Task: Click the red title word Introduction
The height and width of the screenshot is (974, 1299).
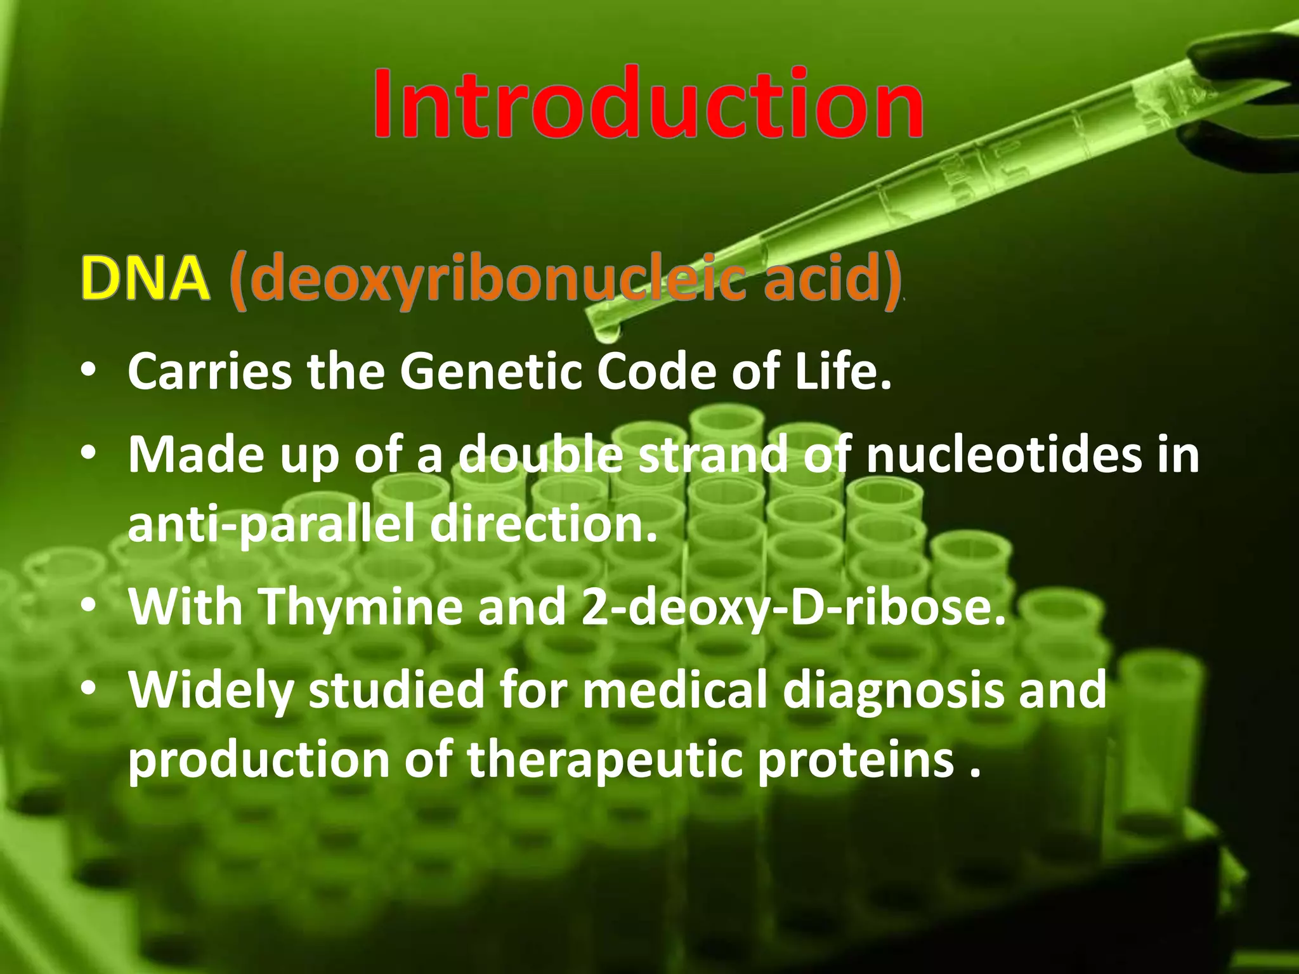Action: coord(647,105)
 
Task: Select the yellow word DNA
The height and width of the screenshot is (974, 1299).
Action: coord(145,279)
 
